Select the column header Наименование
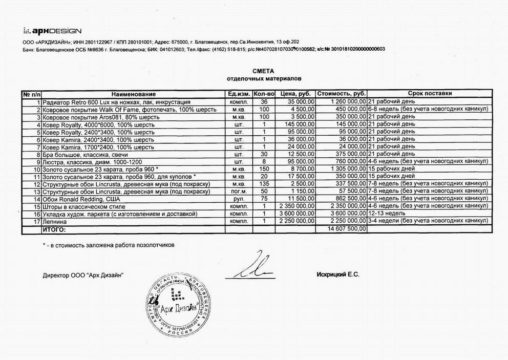point(133,94)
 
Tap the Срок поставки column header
point(430,94)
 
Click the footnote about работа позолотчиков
point(109,245)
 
